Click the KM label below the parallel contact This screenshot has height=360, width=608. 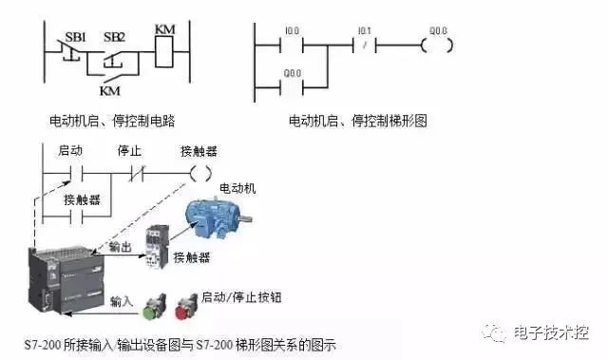click(x=111, y=91)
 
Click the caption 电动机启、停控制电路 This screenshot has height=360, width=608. click(x=111, y=121)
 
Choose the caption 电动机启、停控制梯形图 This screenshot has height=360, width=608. click(x=358, y=121)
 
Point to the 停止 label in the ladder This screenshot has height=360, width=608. click(x=129, y=150)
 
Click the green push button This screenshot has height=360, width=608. click(x=152, y=308)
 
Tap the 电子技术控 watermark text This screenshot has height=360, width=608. click(x=551, y=332)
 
